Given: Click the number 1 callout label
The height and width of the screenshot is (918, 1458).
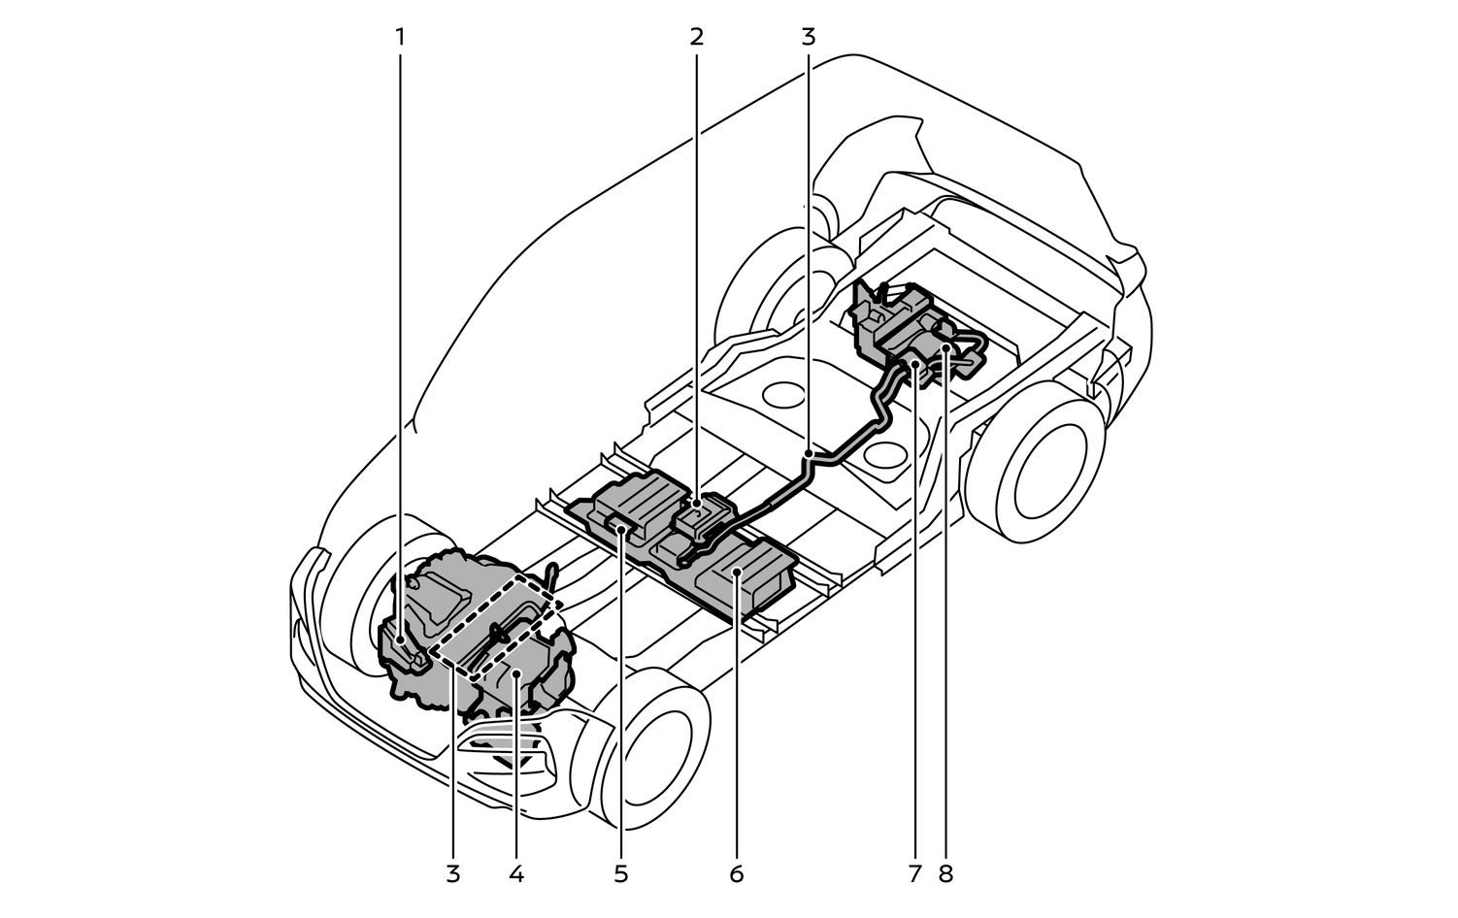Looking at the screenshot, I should (x=400, y=37).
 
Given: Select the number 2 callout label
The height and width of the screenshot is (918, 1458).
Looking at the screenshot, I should (x=696, y=37).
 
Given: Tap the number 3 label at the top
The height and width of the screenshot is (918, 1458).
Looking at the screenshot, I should (x=809, y=37).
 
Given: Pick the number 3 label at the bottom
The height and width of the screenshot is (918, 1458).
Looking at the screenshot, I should (x=452, y=873).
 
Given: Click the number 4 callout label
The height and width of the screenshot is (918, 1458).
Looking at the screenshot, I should (x=516, y=873).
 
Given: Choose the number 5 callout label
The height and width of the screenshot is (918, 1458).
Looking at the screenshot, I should (x=621, y=873).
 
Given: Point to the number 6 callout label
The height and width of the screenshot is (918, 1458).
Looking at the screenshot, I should (x=736, y=873).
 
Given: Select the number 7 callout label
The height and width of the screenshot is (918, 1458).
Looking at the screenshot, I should (x=914, y=873).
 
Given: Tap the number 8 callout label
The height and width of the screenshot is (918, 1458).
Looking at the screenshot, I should (x=946, y=873).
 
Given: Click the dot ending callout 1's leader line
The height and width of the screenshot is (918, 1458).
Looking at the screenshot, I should (x=400, y=639).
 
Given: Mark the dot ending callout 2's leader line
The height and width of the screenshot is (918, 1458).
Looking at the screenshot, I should (x=696, y=505).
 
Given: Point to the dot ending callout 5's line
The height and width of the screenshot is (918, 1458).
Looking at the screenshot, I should (x=621, y=530).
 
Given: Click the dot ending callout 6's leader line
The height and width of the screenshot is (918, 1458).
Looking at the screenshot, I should (x=736, y=574).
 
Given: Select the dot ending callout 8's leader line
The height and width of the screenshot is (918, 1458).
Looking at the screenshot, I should (x=945, y=346).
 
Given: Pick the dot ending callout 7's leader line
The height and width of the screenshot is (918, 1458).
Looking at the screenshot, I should (x=914, y=365).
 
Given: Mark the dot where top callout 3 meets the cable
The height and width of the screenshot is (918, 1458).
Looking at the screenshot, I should (x=809, y=453).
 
